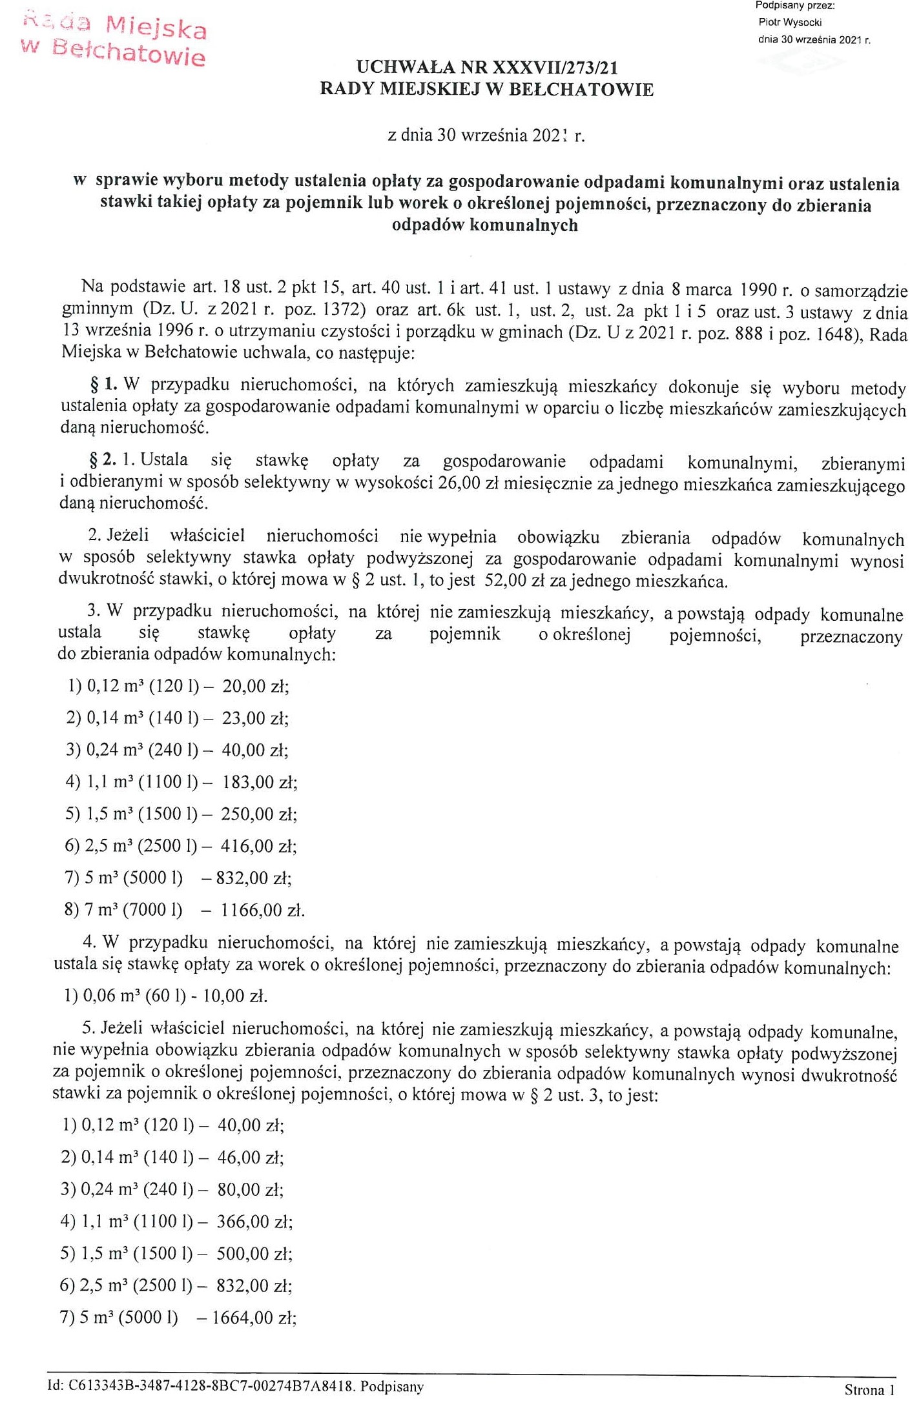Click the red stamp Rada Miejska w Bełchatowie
(x=114, y=40)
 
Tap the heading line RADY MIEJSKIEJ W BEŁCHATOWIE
(x=486, y=90)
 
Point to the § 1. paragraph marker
(x=104, y=385)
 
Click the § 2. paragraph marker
(x=103, y=460)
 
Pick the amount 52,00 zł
(x=513, y=581)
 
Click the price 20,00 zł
(x=255, y=686)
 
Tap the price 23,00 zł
(x=255, y=718)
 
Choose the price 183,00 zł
(x=259, y=783)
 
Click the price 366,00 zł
(x=255, y=1222)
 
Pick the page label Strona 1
(x=869, y=1390)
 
